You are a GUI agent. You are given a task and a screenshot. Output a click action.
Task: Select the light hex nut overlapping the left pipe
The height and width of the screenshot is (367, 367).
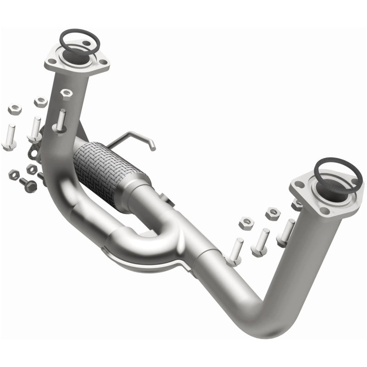[x=67, y=94]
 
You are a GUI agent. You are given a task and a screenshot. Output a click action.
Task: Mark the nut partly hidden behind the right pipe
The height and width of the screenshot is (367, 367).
[x=297, y=205]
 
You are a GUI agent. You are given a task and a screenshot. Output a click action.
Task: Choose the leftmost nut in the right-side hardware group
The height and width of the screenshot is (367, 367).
[x=246, y=223]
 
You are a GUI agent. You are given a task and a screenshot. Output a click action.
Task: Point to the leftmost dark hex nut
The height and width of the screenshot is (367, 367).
[x=14, y=174]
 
